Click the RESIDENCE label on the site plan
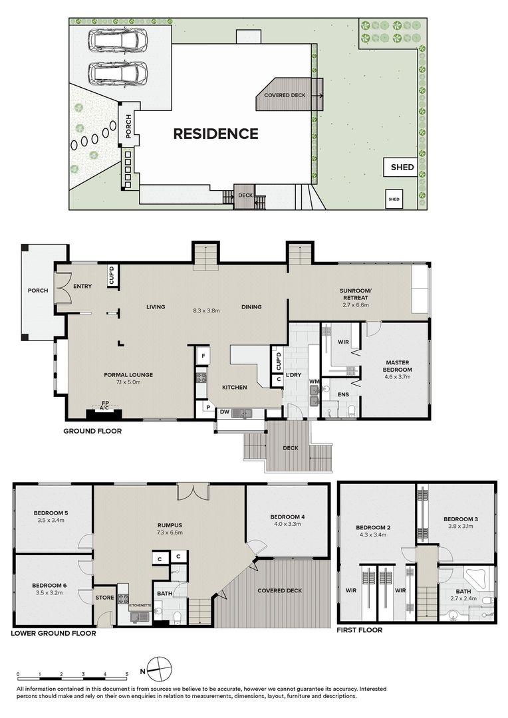tap(215, 133)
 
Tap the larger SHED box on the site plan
tap(402, 167)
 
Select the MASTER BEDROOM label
tap(397, 366)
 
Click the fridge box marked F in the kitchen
tap(202, 355)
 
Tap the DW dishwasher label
tap(225, 412)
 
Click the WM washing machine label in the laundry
tap(315, 381)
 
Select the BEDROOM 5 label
tap(51, 513)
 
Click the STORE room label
tap(104, 598)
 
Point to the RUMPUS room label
tap(170, 525)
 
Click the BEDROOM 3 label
tap(461, 519)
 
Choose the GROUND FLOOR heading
tap(92, 431)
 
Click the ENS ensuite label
tap(343, 394)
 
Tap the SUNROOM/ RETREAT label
tap(354, 294)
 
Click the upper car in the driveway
tap(118, 41)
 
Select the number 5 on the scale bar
tap(126, 675)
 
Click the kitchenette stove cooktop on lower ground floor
tap(123, 598)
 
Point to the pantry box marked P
tap(207, 407)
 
